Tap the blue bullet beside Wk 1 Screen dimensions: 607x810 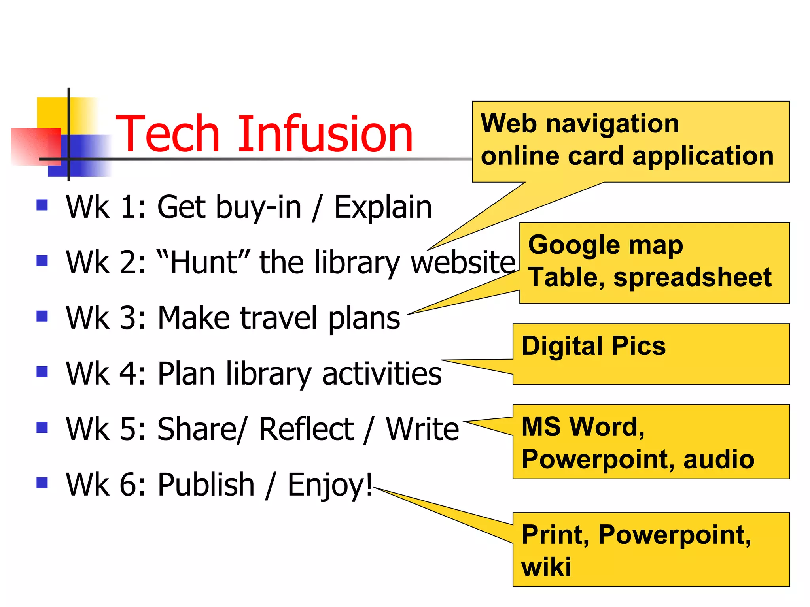[42, 205]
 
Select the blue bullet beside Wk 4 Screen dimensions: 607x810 [42, 372]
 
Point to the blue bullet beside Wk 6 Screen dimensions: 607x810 [42, 483]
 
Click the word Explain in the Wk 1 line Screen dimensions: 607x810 [383, 207]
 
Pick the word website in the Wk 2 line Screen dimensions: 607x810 [463, 262]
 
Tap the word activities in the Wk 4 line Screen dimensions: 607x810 [382, 373]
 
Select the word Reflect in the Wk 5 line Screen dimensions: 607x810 [306, 429]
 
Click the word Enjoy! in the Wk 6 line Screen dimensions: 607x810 [330, 485]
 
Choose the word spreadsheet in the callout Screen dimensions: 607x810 [692, 277]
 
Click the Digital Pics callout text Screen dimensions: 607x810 [593, 346]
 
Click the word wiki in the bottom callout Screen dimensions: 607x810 [546, 567]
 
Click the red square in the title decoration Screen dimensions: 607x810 [36, 146]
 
